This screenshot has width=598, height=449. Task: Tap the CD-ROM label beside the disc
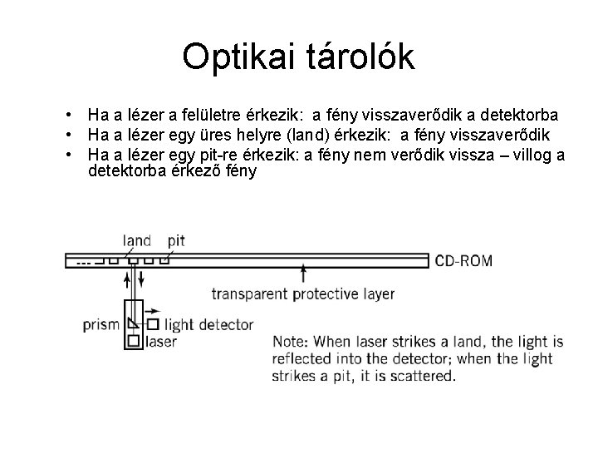(x=464, y=261)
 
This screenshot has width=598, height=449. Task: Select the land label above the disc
(x=137, y=241)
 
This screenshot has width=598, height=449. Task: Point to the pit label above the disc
(x=175, y=241)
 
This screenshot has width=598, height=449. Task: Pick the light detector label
(x=208, y=325)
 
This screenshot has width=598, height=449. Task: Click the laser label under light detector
(x=160, y=341)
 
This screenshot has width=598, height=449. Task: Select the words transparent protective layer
(x=303, y=294)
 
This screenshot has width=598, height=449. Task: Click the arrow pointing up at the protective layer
(x=305, y=274)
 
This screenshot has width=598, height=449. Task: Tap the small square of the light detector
(x=153, y=324)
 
